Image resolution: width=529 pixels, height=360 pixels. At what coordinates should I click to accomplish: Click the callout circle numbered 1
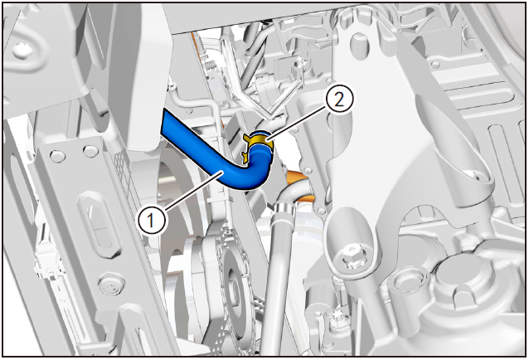coord(152,220)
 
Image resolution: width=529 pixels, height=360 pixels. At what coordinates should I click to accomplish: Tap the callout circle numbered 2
coord(339,100)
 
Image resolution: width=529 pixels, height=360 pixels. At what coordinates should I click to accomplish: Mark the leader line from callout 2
coord(297,122)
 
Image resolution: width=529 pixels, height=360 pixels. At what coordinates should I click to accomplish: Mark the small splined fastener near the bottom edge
coord(337,319)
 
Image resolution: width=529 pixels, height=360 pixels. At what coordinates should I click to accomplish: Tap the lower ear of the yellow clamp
coord(245,156)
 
